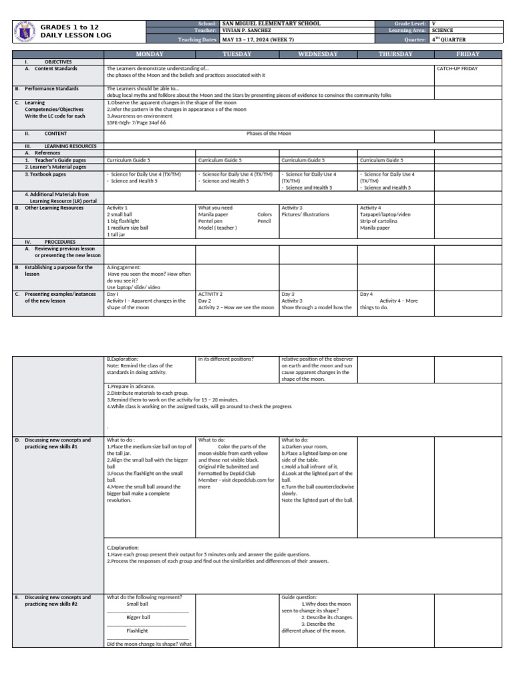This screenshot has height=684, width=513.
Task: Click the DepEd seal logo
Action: click(24, 31)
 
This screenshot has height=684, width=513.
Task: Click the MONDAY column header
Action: click(150, 54)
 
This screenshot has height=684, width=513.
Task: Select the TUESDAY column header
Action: click(237, 54)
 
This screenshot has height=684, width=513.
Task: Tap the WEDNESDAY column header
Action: click(318, 54)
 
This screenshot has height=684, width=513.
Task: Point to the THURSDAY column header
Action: click(395, 54)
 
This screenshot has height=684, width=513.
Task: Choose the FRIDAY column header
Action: click(468, 54)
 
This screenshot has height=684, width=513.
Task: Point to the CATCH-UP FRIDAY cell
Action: click(457, 69)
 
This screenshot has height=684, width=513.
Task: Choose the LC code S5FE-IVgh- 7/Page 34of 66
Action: click(136, 123)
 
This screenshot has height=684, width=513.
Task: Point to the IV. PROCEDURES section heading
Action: click(59, 242)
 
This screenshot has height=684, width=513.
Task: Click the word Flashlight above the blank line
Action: click(137, 631)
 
